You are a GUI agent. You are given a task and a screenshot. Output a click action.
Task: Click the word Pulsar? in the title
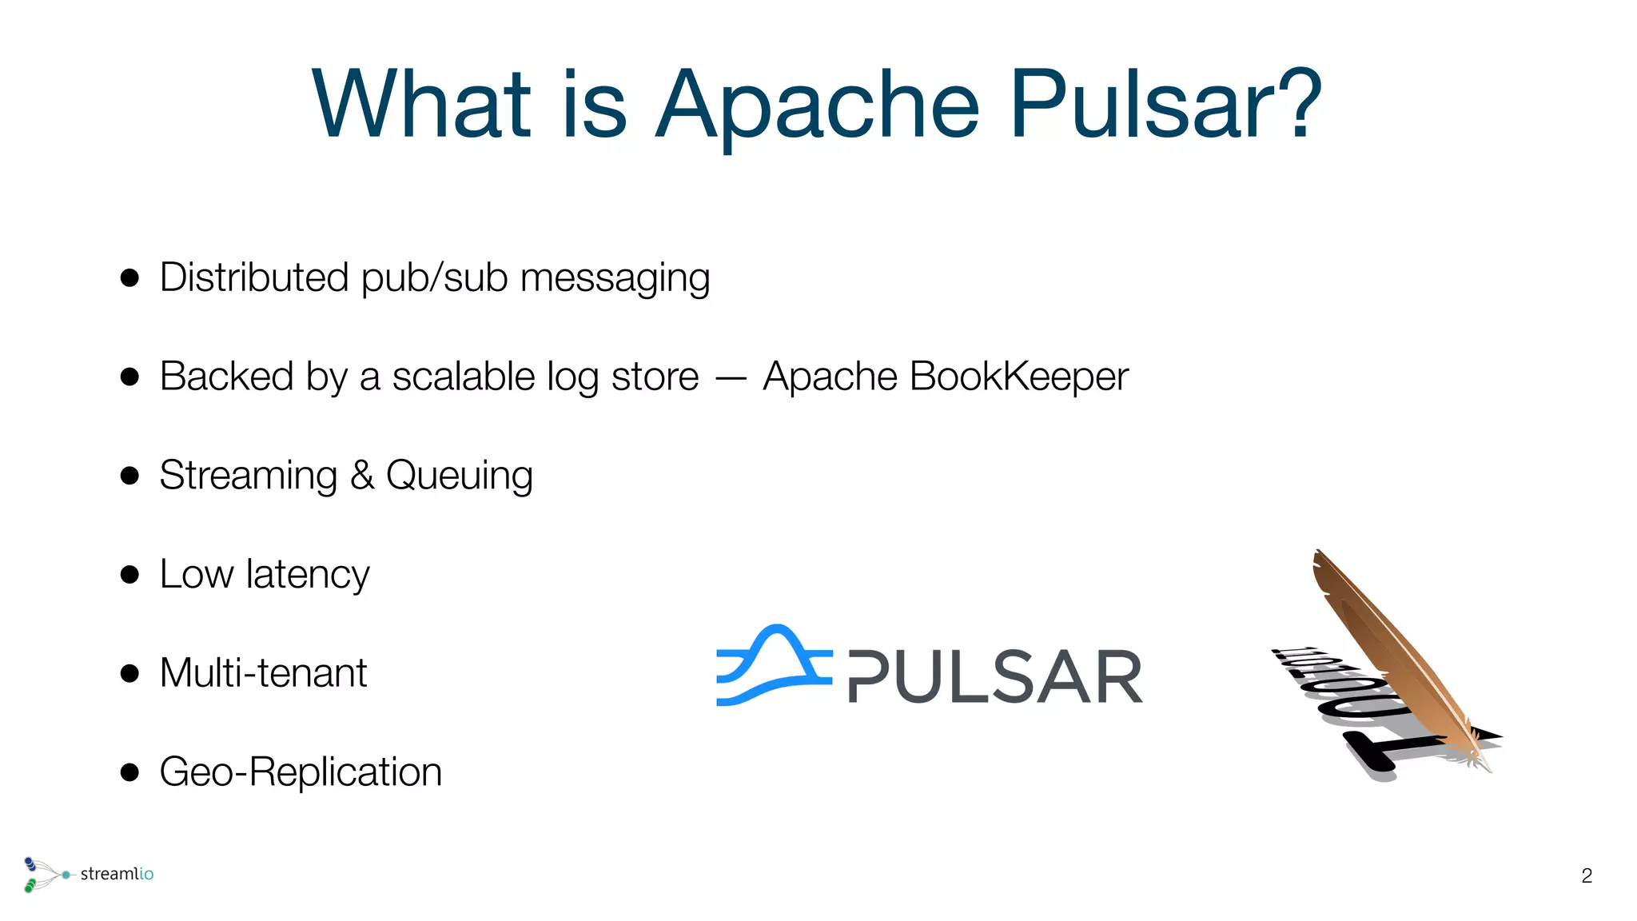pyautogui.click(x=1165, y=106)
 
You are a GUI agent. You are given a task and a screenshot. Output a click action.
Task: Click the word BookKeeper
pyautogui.click(x=1018, y=377)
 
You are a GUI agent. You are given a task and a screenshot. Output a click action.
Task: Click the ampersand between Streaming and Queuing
pyautogui.click(x=362, y=476)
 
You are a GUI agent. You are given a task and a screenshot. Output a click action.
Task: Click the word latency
pyautogui.click(x=308, y=575)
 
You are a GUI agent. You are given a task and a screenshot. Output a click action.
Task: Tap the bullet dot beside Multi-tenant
pyautogui.click(x=129, y=673)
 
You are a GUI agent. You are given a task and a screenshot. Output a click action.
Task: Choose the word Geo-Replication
pyautogui.click(x=301, y=772)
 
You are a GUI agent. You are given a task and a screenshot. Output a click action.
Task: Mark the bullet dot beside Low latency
pyautogui.click(x=129, y=574)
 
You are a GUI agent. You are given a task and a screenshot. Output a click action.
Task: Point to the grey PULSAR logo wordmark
pyautogui.click(x=995, y=677)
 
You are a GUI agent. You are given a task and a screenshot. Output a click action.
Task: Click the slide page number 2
pyautogui.click(x=1587, y=876)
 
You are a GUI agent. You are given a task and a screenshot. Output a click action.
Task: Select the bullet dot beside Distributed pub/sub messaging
pyautogui.click(x=129, y=278)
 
